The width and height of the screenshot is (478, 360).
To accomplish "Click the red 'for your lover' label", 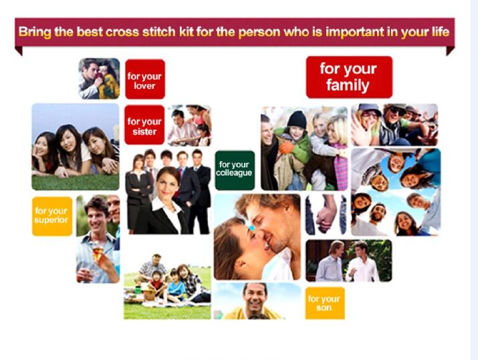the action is point(145,79).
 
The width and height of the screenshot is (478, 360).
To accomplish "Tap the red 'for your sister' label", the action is point(144,125).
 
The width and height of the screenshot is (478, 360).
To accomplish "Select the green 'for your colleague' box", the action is point(235,170).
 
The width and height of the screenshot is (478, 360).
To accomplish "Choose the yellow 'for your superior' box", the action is point(52,216).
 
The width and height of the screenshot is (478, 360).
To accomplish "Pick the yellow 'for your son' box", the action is point(325,303).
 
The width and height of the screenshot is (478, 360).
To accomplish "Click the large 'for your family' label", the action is point(349,77).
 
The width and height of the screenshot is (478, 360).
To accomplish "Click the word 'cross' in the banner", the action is point(122,32).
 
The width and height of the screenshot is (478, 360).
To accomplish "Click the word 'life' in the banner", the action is point(441,31).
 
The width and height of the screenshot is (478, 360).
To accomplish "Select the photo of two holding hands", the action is point(326,214).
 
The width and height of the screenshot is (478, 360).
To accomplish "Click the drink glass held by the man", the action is point(97,252).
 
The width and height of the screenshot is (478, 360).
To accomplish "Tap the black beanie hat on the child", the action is point(297,119).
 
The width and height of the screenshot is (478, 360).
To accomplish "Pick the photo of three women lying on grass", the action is point(76,146).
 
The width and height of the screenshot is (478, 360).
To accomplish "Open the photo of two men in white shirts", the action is point(349,260).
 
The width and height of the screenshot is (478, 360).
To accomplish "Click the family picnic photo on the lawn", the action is point(167,287).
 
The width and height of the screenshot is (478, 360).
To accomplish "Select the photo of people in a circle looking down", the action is point(396,192).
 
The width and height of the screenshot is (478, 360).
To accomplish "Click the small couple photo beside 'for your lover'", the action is point(99,79).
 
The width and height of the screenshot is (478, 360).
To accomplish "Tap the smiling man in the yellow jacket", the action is point(254,301).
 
